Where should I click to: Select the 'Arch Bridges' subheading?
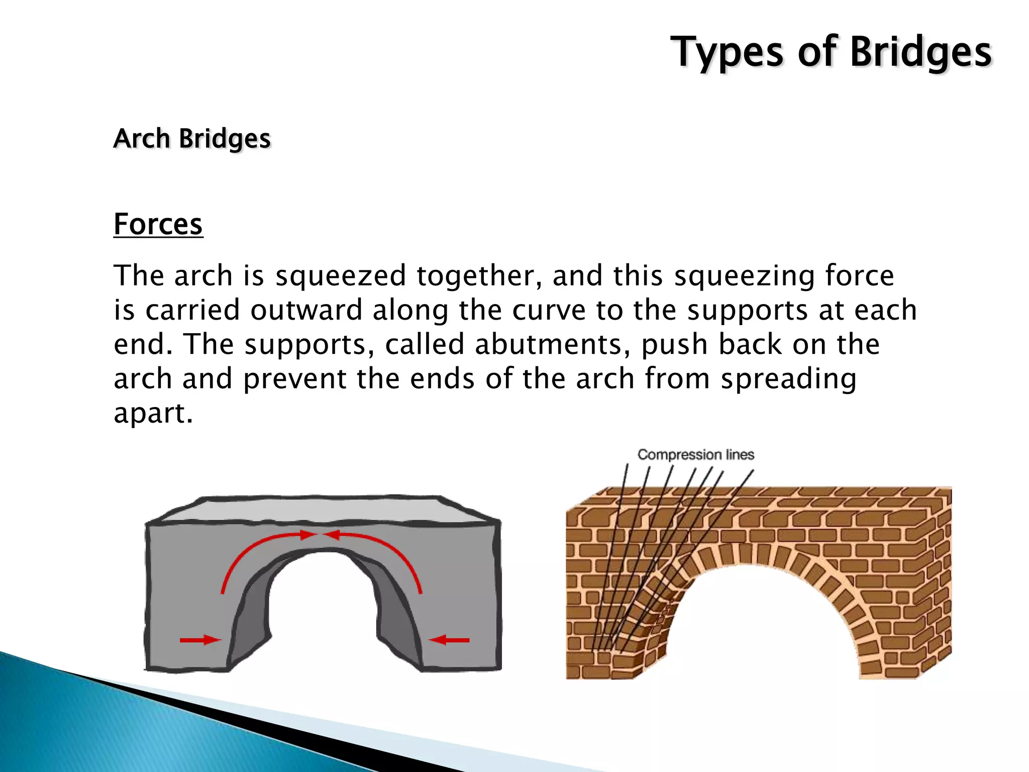[192, 139]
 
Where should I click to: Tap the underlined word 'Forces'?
[158, 224]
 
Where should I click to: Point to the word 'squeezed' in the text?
[341, 276]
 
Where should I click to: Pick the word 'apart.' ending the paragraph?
[153, 413]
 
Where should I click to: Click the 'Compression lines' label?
[696, 455]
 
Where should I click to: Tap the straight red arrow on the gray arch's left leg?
[200, 640]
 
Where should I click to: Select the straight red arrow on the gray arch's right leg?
[449, 640]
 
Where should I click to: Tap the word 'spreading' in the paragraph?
[788, 379]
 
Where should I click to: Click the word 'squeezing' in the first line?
[744, 276]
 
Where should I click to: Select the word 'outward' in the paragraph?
[306, 310]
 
